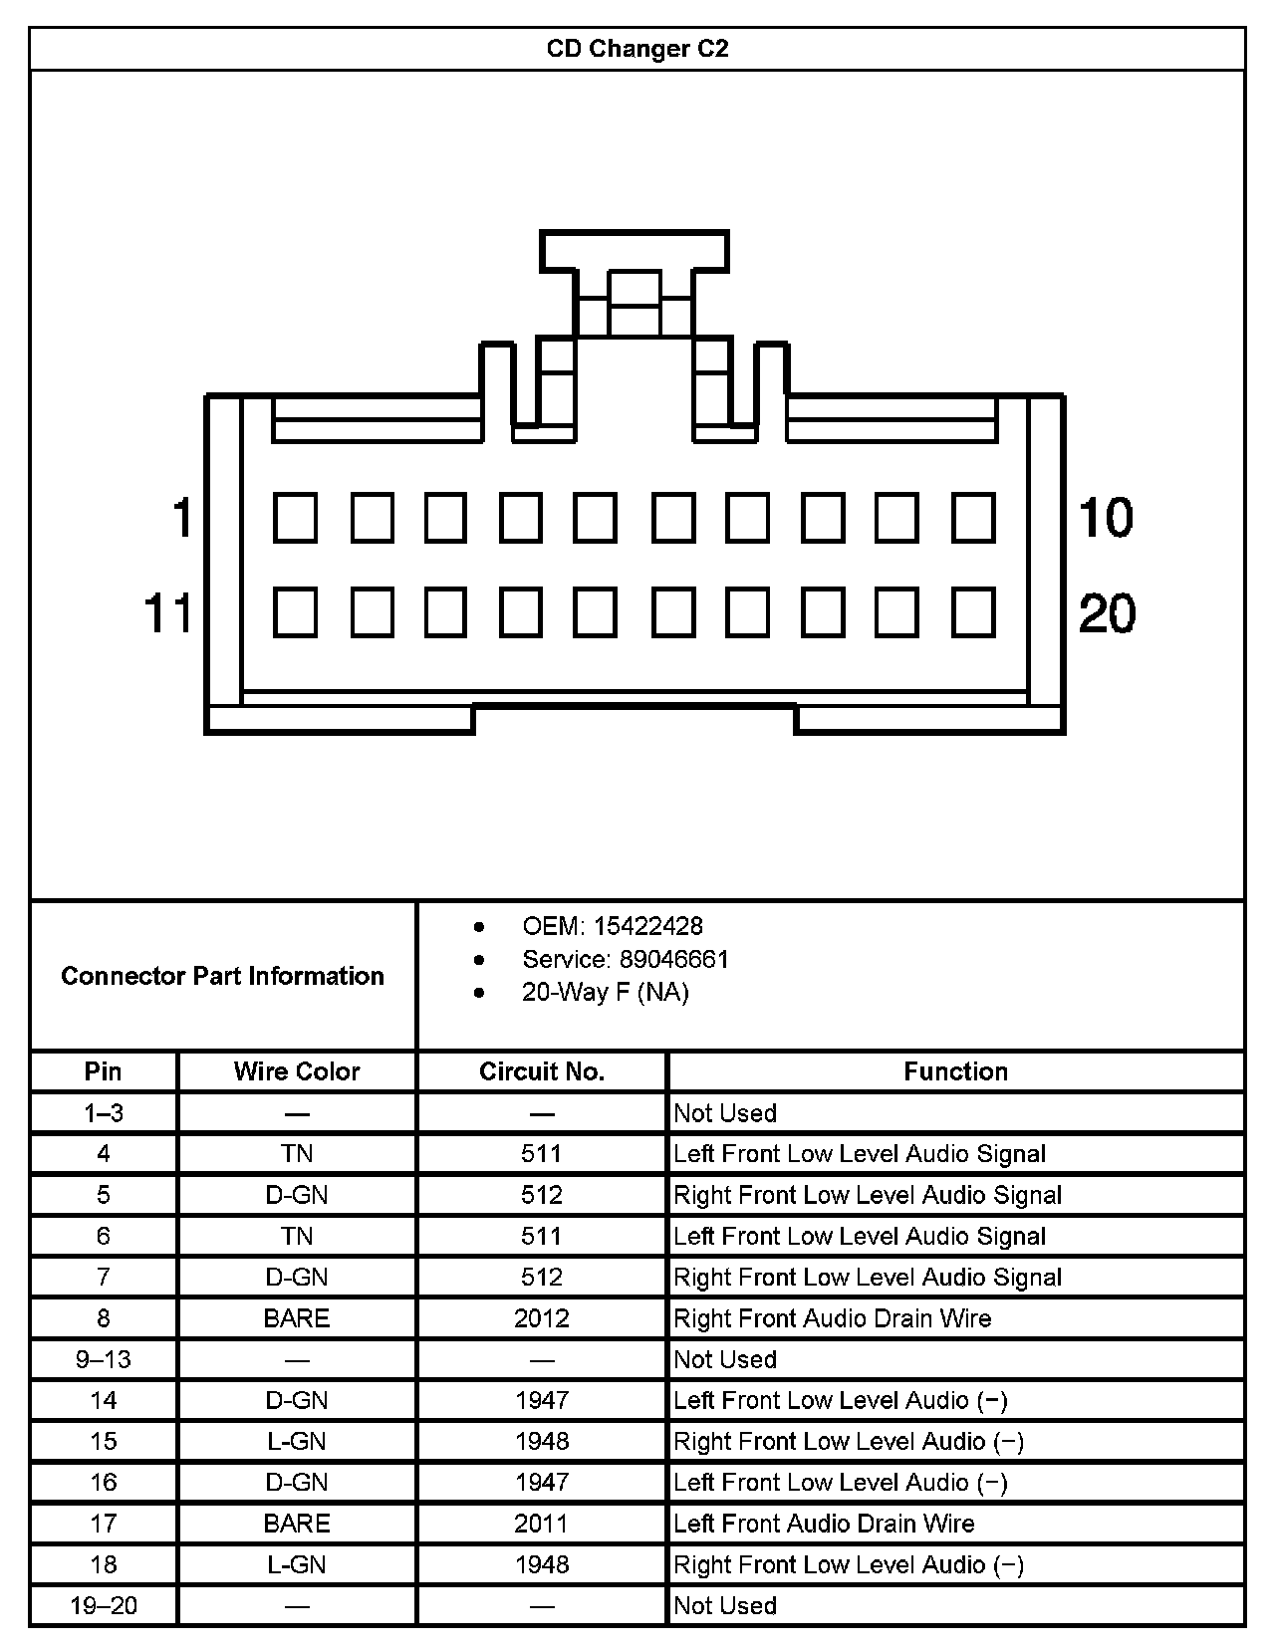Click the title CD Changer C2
click(637, 49)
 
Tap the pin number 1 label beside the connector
click(181, 518)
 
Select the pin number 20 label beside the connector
click(1107, 612)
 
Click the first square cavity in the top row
click(295, 518)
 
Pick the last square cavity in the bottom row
click(973, 611)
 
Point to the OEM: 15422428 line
click(612, 926)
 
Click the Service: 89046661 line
click(625, 959)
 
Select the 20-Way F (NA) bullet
click(605, 992)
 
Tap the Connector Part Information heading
click(222, 976)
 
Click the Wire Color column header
click(297, 1071)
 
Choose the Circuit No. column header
click(542, 1071)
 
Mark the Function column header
click(955, 1071)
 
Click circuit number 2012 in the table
click(542, 1318)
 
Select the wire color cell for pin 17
click(297, 1524)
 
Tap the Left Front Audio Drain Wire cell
click(824, 1524)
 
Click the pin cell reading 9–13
click(104, 1359)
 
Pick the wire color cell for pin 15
click(297, 1441)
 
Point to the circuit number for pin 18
click(542, 1564)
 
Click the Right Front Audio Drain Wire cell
click(832, 1318)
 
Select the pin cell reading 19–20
click(104, 1605)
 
